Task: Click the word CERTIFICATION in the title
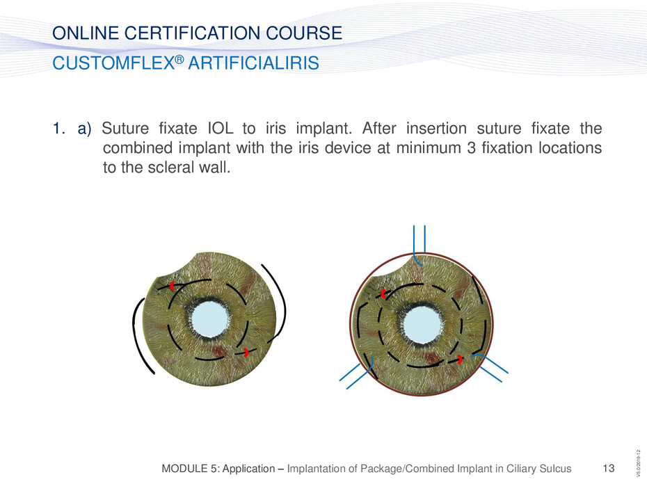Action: pyautogui.click(x=193, y=33)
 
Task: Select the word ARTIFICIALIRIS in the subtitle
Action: pyautogui.click(x=253, y=63)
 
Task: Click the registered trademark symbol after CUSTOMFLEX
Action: pyautogui.click(x=179, y=59)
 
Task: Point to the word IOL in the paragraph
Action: pyautogui.click(x=220, y=129)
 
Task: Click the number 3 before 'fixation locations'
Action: pyautogui.click(x=471, y=147)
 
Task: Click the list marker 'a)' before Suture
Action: pyautogui.click(x=84, y=129)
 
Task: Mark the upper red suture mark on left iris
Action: pyautogui.click(x=173, y=286)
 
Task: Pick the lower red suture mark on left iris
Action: pyautogui.click(x=246, y=353)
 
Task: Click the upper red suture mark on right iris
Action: pyautogui.click(x=383, y=293)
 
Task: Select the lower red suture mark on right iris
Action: pyautogui.click(x=460, y=360)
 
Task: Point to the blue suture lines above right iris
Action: pyautogui.click(x=419, y=243)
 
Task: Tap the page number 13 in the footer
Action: pyautogui.click(x=609, y=468)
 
